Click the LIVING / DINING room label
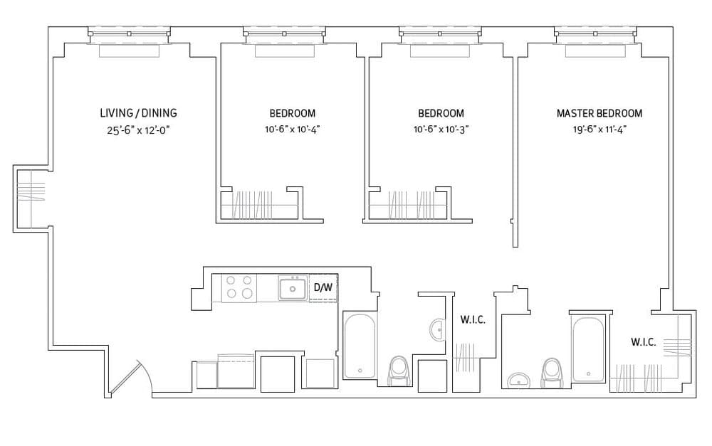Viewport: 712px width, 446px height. (x=138, y=113)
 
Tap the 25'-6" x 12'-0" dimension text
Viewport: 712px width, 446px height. (x=138, y=129)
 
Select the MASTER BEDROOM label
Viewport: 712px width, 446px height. (x=599, y=113)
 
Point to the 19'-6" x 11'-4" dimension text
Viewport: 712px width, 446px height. (x=599, y=129)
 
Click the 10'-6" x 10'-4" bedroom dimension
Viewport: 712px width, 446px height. (x=292, y=129)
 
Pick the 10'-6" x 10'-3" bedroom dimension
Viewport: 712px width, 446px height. (x=441, y=129)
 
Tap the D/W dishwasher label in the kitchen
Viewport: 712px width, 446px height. (x=323, y=287)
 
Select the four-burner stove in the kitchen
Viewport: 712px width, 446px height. (x=240, y=287)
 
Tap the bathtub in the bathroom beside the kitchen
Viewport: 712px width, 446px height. (x=360, y=345)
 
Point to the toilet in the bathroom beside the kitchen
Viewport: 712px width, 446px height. (x=398, y=371)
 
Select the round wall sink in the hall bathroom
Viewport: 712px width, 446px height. (x=436, y=329)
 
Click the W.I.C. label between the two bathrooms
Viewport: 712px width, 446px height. (x=473, y=320)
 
